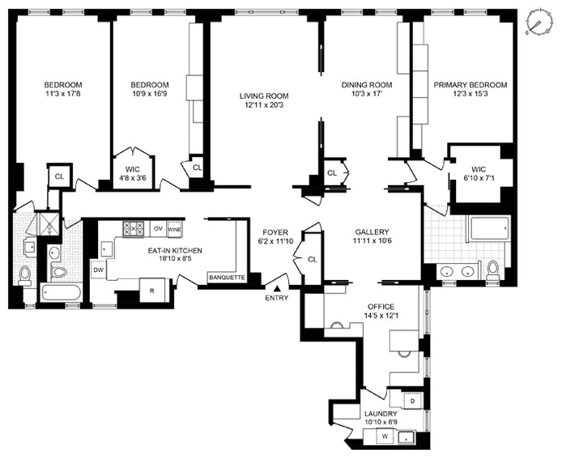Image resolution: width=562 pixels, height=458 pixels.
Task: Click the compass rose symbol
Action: point(538,23)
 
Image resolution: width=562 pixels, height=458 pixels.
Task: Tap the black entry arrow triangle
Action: point(277,288)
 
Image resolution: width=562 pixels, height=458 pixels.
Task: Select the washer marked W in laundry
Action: point(385,436)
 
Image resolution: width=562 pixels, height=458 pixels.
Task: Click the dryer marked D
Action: point(412,401)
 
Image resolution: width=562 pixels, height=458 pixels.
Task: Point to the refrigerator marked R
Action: point(152,290)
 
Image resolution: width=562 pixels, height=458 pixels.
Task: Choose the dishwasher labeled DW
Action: point(98,270)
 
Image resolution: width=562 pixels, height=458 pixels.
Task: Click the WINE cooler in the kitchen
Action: point(174,229)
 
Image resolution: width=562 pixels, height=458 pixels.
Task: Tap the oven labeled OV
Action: point(158,228)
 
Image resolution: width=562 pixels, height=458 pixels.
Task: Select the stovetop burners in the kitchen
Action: point(134,229)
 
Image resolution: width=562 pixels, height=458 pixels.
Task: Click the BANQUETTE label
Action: point(228,278)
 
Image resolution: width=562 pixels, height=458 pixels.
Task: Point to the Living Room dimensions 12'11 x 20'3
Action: point(264,106)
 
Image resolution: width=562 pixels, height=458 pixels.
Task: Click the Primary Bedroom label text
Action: point(470,85)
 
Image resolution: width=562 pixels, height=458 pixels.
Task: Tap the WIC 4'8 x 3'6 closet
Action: point(133,171)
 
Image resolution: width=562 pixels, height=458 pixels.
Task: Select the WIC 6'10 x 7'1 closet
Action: point(478,173)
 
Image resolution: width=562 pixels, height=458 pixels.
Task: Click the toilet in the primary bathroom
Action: point(493,269)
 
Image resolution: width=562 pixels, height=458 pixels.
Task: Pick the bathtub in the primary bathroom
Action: point(489,228)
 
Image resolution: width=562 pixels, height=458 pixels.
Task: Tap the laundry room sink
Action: point(406,438)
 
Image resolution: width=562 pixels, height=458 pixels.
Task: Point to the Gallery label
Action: point(372,231)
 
